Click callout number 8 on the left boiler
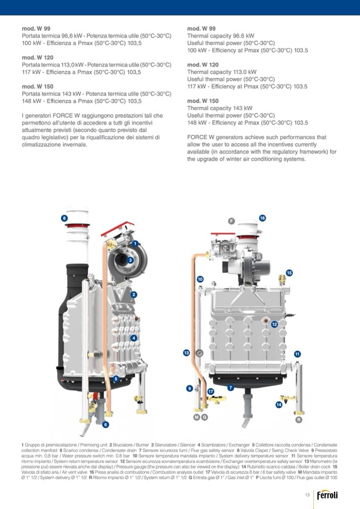point(64,218)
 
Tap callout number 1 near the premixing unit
point(135,244)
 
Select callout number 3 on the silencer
point(130,260)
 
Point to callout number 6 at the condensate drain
point(105,424)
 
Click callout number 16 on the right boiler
point(262,218)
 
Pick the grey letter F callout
point(231,221)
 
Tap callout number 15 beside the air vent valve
point(289,273)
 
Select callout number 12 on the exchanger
point(275,324)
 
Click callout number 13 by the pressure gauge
point(186,352)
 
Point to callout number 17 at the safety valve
point(211,392)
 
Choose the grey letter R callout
point(298,420)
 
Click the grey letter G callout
point(204,417)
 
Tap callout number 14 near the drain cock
point(279,405)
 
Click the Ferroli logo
point(327,495)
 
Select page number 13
point(307,495)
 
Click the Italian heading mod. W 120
point(38,57)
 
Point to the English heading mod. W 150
point(203,101)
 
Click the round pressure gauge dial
point(199,352)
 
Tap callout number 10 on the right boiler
point(200,279)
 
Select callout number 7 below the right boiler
point(230,387)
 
